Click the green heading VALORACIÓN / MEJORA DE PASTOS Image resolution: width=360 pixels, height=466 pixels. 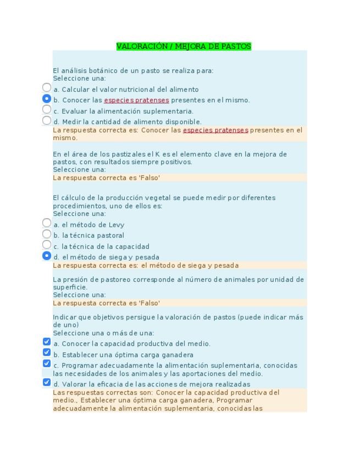184,47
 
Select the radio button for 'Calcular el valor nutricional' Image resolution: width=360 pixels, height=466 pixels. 47,87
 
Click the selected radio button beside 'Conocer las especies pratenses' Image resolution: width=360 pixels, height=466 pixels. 47,99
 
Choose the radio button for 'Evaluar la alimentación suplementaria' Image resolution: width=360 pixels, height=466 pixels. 47,109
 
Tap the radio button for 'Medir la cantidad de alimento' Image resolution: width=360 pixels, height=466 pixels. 47,120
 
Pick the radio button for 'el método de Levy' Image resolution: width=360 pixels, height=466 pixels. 47,223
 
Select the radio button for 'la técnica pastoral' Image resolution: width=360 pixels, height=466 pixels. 47,234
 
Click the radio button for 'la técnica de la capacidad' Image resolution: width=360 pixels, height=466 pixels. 47,245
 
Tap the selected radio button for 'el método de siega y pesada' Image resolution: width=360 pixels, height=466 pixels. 47,256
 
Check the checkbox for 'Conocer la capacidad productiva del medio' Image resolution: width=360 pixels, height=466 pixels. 47,342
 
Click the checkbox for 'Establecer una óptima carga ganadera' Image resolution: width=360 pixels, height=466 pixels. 47,353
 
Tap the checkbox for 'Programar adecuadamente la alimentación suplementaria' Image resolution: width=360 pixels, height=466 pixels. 47,364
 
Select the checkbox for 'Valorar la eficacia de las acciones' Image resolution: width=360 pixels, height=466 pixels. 47,382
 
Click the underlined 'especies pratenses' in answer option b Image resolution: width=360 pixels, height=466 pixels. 136,101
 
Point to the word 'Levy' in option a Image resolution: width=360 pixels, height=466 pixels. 117,225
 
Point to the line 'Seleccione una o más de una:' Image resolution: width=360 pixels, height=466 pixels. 103,333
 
